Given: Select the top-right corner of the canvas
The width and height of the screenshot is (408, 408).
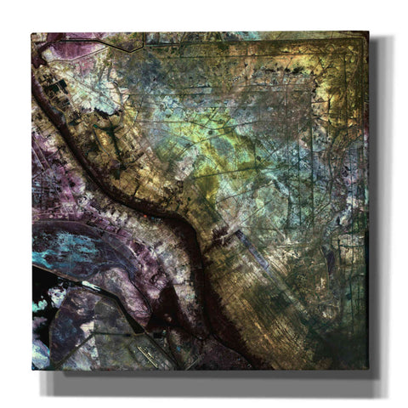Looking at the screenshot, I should (368, 32).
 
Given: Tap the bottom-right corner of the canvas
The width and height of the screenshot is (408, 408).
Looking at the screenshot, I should (368, 368).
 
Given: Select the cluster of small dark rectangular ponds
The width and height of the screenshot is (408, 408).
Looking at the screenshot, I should (55, 89).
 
